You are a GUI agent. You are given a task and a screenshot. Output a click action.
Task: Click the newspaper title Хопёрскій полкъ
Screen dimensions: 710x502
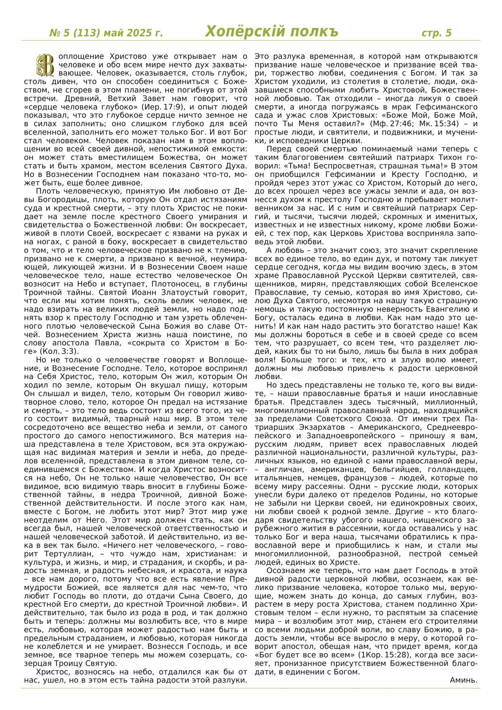[272, 32]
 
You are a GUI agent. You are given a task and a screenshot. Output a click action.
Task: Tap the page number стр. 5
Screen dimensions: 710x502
[436, 33]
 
